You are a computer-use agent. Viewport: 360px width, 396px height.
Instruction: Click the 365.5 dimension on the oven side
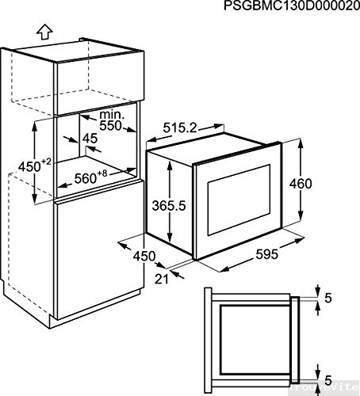168,204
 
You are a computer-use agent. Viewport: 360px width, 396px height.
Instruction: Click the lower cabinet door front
99,261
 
